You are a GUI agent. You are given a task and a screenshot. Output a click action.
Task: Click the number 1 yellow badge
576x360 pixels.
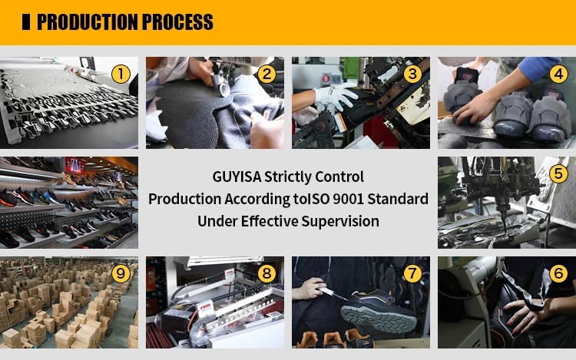121,74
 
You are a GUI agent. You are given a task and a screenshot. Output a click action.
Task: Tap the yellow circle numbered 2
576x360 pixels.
266,74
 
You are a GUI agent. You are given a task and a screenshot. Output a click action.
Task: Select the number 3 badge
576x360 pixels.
412,74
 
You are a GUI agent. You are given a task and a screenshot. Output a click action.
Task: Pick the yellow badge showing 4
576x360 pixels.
558,74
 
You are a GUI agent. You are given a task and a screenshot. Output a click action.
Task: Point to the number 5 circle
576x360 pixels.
558,173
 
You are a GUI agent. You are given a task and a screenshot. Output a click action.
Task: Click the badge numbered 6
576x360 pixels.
558,273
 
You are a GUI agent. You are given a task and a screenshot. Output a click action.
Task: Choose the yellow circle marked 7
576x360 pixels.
412,273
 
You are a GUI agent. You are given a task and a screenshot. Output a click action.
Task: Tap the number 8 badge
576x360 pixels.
266,273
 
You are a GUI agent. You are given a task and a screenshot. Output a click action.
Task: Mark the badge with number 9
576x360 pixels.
121,273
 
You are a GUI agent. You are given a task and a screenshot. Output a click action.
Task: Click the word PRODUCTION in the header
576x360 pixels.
88,22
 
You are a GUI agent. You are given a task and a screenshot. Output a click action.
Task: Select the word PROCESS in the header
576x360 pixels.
177,22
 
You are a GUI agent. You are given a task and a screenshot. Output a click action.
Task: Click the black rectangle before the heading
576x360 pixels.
26,22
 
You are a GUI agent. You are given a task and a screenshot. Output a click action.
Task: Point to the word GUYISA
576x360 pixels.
237,177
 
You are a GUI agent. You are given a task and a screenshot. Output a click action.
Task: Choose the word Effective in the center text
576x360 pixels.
270,221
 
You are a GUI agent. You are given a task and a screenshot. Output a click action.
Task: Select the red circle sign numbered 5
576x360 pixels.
326,78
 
